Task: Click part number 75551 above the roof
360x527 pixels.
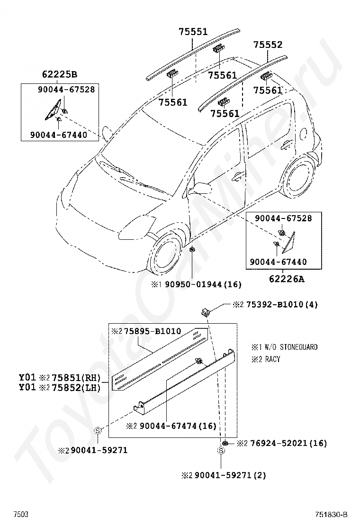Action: click(x=193, y=32)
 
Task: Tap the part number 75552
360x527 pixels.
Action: click(x=268, y=45)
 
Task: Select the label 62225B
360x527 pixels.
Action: click(x=59, y=74)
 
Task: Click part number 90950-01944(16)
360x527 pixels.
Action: click(x=202, y=284)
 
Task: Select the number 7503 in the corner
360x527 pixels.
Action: click(x=20, y=515)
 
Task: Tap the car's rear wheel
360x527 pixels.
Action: click(x=297, y=178)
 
